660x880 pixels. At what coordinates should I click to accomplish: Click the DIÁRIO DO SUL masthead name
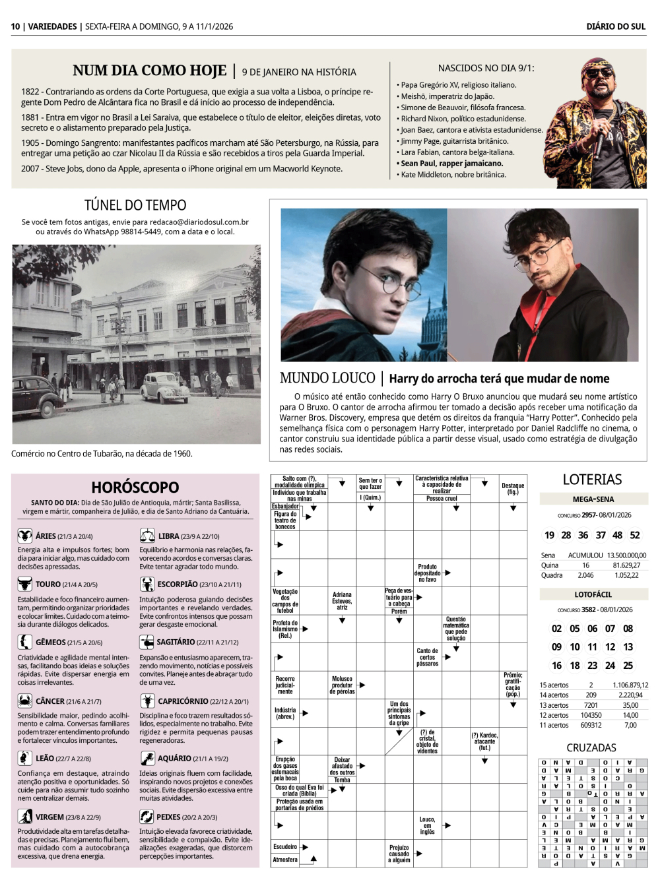[615, 26]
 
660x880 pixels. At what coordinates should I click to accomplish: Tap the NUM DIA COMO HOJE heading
[149, 71]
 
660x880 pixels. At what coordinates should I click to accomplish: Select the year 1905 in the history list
[30, 142]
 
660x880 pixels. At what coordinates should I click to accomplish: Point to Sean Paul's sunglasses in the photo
[598, 73]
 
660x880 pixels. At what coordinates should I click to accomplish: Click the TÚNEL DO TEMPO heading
[135, 205]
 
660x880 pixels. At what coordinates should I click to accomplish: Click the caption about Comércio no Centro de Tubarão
[102, 453]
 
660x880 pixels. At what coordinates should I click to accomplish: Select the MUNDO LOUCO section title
[327, 378]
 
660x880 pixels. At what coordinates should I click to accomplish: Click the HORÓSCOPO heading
[135, 487]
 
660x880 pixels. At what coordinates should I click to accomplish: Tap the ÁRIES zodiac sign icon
[24, 536]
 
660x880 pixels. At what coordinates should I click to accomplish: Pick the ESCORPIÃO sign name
[177, 584]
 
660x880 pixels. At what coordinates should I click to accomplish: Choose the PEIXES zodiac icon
[147, 817]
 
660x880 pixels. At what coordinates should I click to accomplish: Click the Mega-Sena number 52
[634, 535]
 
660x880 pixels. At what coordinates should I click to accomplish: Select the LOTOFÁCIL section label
[593, 594]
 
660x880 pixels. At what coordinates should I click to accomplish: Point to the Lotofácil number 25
[628, 666]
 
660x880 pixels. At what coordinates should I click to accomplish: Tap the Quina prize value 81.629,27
[626, 565]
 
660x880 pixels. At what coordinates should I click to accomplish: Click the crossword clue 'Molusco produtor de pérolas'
[342, 685]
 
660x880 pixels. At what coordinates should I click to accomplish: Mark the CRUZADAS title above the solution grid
[591, 747]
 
